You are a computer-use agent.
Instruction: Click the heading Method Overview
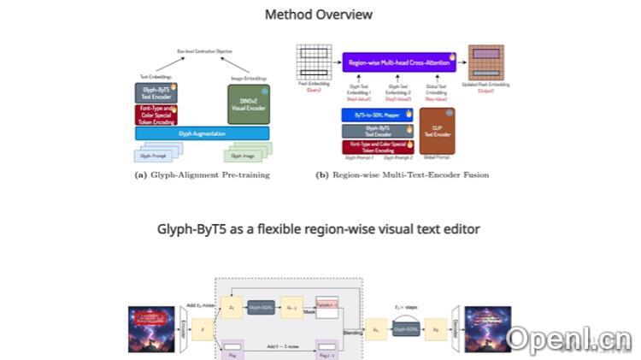(319, 15)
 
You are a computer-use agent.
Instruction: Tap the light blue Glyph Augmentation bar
(202, 133)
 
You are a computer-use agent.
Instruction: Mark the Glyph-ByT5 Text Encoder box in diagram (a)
(155, 92)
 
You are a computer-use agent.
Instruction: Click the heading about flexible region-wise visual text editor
(319, 229)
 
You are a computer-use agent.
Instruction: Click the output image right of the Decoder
(487, 329)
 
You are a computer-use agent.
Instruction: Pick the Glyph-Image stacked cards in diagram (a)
(247, 154)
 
